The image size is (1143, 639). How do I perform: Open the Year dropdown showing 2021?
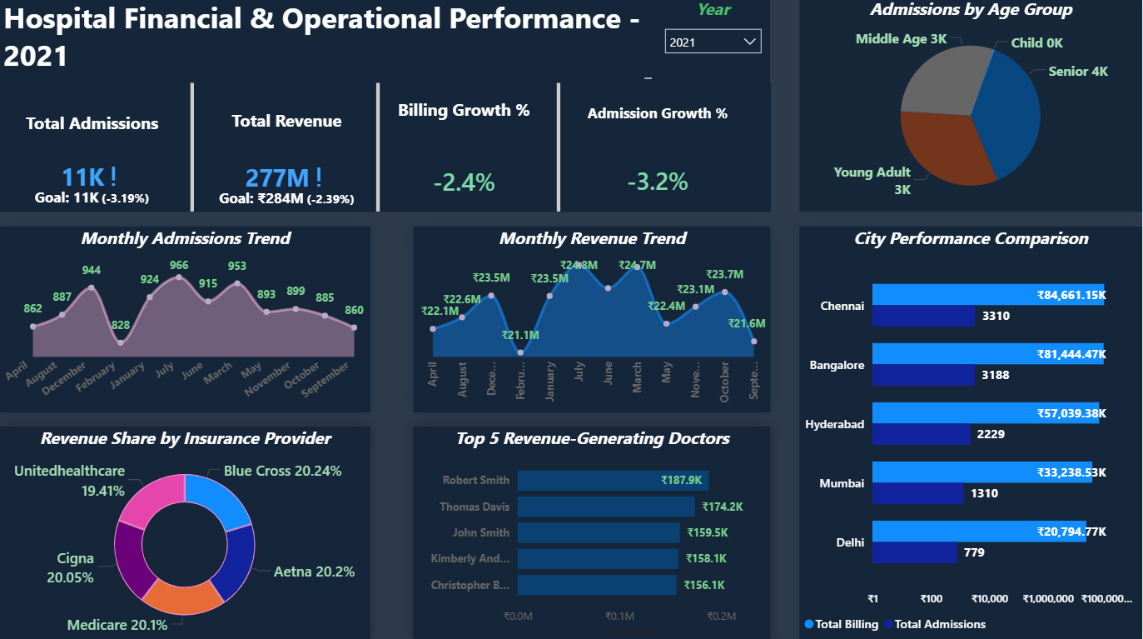[713, 42]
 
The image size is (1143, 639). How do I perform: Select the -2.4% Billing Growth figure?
[465, 182]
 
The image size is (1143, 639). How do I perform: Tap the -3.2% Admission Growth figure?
[658, 182]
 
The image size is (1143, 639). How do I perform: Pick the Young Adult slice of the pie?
[941, 150]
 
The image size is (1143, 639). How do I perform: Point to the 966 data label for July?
[179, 266]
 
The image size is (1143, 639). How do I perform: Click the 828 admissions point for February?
[121, 342]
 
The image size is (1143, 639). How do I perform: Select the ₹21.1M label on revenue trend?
[520, 335]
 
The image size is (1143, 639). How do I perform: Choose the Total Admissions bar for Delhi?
[914, 552]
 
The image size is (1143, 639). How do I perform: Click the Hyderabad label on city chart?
[835, 424]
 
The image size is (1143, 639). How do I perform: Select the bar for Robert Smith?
[613, 480]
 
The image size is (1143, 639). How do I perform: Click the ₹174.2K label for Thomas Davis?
[723, 507]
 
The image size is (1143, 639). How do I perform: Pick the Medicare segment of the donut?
[186, 595]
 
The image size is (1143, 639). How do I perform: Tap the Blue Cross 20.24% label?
[282, 471]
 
